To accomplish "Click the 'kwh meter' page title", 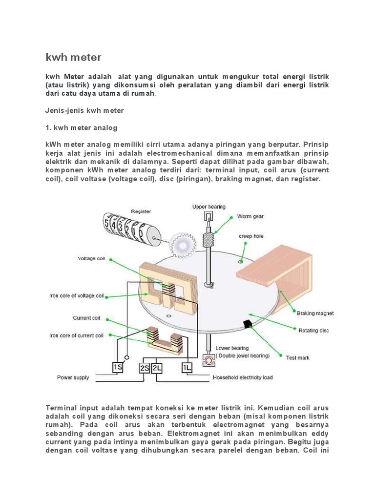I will pos(73,57).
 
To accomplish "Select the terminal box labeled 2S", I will pos(144,368).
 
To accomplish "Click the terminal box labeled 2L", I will pos(157,368).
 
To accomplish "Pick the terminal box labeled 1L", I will pos(187,367).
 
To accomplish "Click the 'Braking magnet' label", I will pos(315,313).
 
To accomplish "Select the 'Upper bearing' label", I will pos(209,207).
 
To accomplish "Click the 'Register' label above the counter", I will pos(141,211).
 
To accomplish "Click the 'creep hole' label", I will pos(250,236).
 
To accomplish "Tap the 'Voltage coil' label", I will pos(91,259).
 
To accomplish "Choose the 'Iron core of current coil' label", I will pos(76,335).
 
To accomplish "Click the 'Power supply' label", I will pos(72,377).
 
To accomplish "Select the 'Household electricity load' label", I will pos(243,377).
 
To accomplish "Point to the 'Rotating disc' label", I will pos(313,331).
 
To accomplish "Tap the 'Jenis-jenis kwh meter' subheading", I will pos(84,110).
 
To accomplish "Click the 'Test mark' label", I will pos(297,358).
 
